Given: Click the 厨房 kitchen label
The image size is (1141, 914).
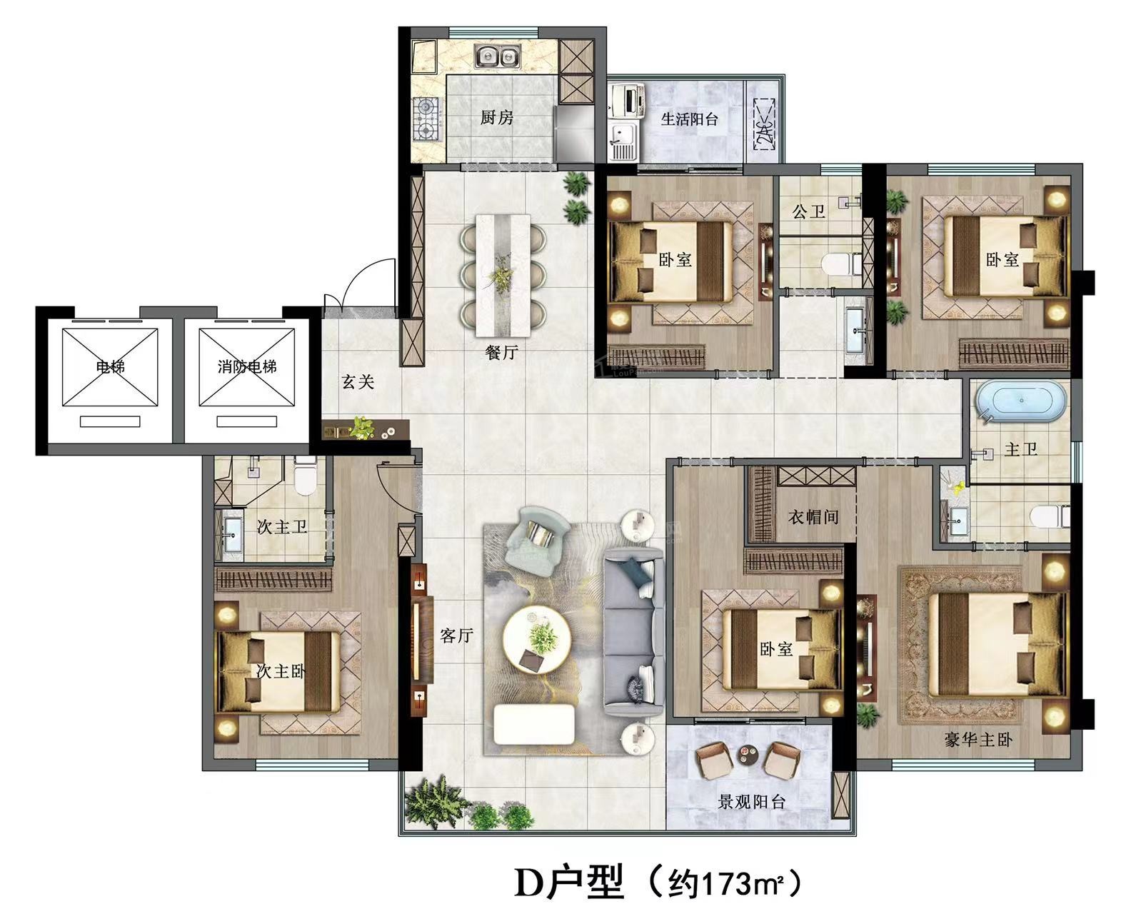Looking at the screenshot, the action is tap(497, 117).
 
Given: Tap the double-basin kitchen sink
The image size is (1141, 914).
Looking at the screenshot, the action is tap(498, 56).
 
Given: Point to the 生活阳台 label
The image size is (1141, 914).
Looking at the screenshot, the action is tap(689, 119).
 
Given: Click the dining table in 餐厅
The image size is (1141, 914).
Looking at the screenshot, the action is tap(503, 275).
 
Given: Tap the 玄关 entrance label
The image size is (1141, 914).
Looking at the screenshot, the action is tap(358, 382).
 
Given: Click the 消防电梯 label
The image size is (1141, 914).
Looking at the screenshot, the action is tap(247, 366).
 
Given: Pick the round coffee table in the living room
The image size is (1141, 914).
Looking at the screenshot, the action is tap(536, 641).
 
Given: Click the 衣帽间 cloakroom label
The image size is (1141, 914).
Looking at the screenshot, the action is tap(813, 517).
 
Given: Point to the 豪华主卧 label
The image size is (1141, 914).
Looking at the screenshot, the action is tap(978, 740).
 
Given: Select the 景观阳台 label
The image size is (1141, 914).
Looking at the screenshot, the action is tap(751, 802).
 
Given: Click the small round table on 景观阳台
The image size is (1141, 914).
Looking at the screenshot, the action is tap(747, 755).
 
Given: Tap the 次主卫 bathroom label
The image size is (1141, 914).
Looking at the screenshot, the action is tap(282, 527).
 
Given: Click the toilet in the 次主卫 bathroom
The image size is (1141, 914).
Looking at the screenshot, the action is tap(305, 476).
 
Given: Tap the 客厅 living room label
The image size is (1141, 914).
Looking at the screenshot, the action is tap(456, 635).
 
